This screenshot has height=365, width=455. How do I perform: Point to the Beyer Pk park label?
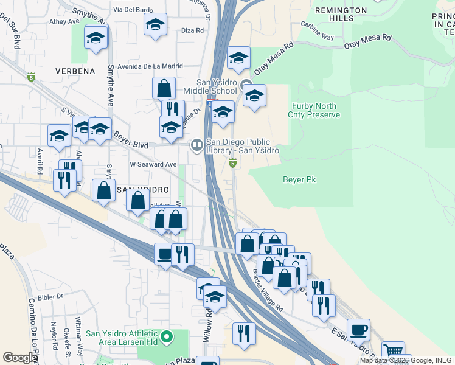[x=299, y=179]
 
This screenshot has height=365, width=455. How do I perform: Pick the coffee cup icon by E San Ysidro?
[x=358, y=328]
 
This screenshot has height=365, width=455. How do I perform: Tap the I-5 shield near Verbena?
[x=31, y=77]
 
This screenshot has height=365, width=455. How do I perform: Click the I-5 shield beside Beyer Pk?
[x=232, y=163]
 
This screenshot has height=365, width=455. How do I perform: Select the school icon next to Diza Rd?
[x=155, y=25]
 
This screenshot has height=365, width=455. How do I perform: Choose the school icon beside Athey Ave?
[x=96, y=38]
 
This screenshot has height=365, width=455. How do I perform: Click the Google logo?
[x=20, y=358]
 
